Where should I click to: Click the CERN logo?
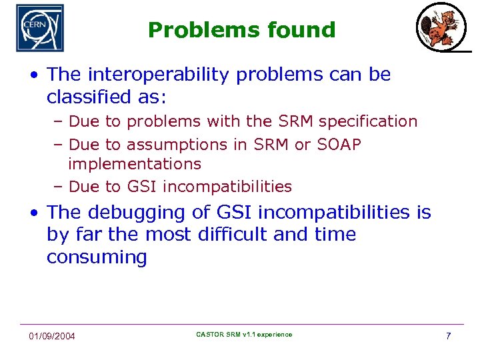tap(40, 28)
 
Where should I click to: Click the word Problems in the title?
tap(187, 30)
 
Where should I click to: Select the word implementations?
tap(134, 163)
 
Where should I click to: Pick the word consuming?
tap(96, 257)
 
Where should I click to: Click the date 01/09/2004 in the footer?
tap(52, 336)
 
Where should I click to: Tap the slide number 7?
tap(448, 335)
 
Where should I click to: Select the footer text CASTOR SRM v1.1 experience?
tap(244, 334)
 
